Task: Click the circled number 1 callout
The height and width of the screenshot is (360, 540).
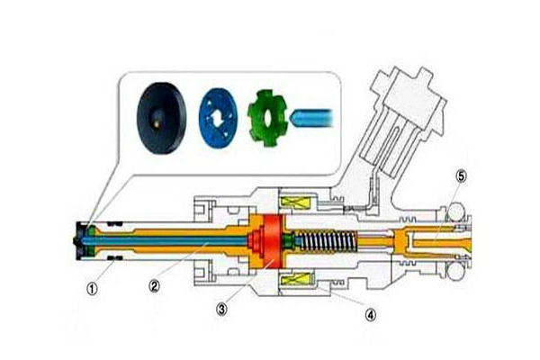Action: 92,289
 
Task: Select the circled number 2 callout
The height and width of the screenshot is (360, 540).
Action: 155,285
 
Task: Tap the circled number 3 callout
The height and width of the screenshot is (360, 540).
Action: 221,309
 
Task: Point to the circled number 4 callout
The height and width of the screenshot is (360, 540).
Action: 371,314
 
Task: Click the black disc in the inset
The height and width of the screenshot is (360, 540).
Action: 161,118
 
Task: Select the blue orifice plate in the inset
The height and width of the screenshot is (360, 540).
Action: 219,118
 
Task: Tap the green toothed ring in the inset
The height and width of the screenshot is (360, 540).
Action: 267,118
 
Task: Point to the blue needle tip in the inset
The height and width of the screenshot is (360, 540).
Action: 312,118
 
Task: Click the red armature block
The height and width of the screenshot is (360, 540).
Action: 273,241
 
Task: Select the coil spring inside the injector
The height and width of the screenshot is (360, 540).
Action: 328,241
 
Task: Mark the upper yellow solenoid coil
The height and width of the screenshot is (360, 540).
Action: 298,202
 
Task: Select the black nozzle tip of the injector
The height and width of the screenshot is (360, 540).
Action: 80,241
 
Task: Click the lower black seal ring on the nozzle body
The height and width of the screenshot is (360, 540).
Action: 114,258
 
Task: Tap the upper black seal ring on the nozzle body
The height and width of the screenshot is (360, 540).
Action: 114,223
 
